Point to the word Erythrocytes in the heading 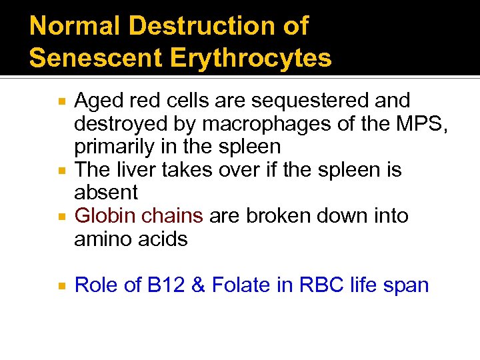point(251,58)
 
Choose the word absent point(106,193)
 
